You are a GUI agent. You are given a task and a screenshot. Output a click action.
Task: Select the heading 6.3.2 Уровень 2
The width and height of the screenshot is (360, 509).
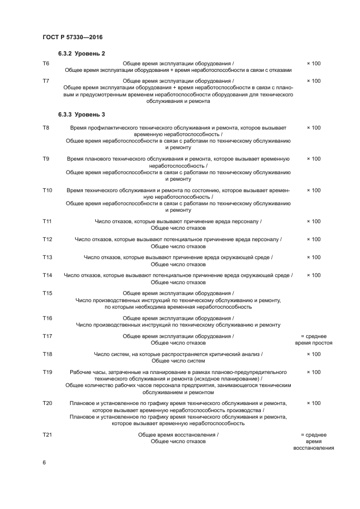(81, 53)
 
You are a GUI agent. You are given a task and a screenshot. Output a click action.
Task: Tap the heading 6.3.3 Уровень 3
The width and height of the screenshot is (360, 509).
(81, 115)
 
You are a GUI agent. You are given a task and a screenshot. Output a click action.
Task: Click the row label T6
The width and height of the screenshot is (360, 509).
(46, 64)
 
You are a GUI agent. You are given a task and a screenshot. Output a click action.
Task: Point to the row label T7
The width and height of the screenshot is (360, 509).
(46, 81)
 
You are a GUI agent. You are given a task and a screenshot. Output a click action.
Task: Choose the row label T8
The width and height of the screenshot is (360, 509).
(46, 127)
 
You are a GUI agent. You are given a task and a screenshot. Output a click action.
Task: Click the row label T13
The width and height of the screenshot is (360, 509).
(47, 257)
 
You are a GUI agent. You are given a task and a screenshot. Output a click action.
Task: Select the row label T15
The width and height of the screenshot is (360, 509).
(47, 293)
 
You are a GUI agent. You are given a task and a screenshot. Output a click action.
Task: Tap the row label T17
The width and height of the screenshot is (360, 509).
(47, 336)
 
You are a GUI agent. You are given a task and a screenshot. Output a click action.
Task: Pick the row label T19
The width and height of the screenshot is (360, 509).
(47, 372)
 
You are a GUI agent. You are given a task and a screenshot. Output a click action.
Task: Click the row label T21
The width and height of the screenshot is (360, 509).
(47, 434)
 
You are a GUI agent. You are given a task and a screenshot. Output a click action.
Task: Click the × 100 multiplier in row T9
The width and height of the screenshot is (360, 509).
(313, 158)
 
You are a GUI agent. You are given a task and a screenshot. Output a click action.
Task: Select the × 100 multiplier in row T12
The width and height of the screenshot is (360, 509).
(313, 239)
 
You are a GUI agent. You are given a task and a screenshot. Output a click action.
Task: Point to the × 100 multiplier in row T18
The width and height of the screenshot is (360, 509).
(313, 354)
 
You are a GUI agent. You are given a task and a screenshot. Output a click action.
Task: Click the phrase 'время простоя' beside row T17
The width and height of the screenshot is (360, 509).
(313, 343)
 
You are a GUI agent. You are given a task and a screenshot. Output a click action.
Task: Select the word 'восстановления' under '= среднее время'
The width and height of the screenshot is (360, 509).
(313, 448)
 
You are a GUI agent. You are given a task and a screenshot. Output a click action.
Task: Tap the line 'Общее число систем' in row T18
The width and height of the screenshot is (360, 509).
(178, 361)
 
